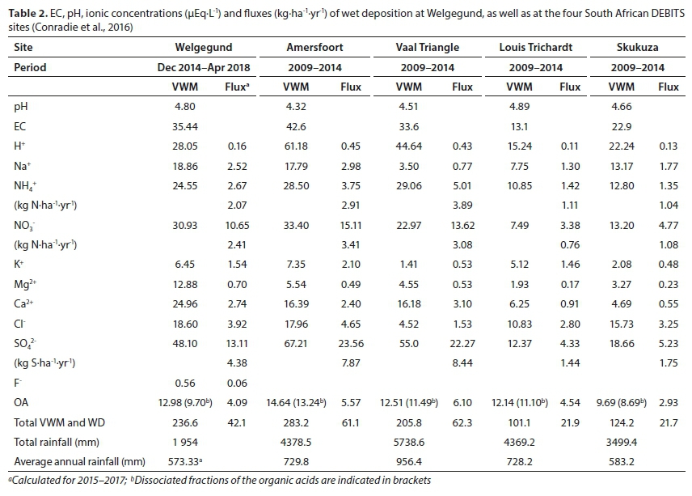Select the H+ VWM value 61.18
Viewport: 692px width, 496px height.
click(297, 146)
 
